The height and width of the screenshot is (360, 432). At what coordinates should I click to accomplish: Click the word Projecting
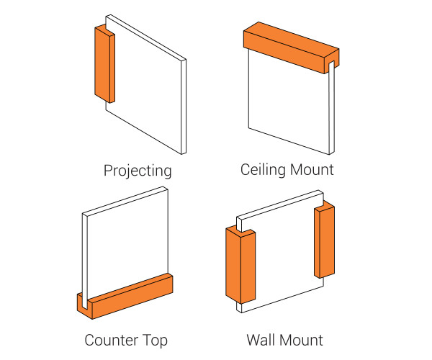point(138,171)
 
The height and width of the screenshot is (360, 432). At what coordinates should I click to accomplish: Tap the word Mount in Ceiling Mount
point(312,170)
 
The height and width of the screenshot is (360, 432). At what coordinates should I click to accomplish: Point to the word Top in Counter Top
point(156,340)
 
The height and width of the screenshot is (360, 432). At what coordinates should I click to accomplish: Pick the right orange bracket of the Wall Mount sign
point(324,241)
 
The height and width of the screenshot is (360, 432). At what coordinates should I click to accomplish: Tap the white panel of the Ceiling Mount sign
point(288,108)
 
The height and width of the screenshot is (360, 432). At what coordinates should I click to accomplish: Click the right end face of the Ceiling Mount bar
point(333,61)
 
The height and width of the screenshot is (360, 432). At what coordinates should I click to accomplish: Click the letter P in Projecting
point(108,171)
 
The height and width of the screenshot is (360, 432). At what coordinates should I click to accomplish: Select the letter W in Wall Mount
point(253,339)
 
